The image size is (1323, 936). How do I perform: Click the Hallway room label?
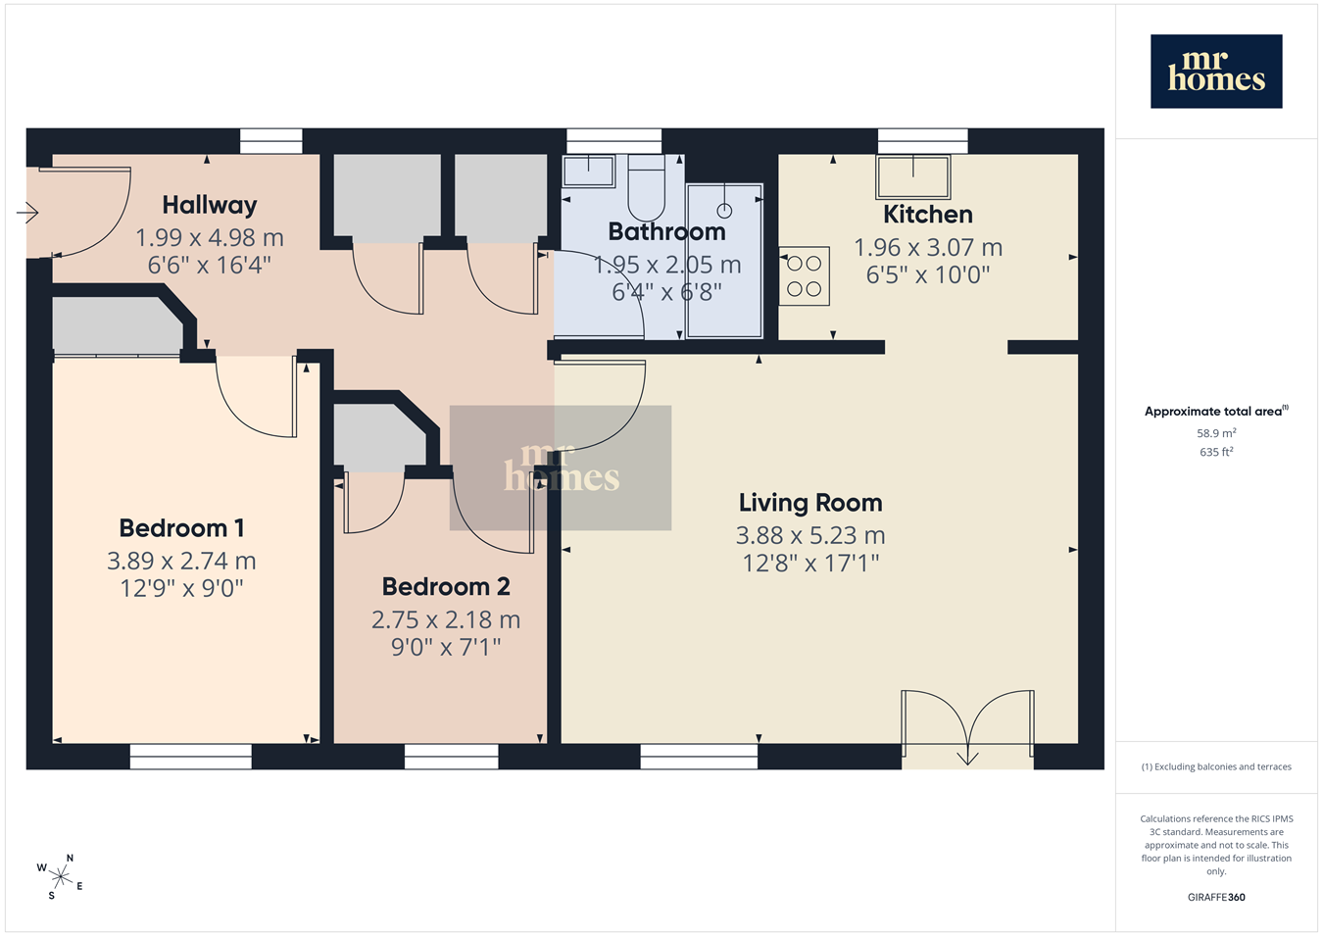point(210,206)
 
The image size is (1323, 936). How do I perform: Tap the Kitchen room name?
point(928,215)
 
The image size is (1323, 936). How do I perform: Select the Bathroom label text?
point(666,231)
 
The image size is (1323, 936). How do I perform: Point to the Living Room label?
point(810,503)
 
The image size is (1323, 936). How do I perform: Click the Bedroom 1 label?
point(181,528)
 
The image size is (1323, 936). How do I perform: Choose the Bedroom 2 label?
point(446,586)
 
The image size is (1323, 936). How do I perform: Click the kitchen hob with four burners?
point(804,275)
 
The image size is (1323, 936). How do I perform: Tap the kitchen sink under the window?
point(913,176)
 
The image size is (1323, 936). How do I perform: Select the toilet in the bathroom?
point(646,188)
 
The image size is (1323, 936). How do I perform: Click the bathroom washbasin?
point(589,172)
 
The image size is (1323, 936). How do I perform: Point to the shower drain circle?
point(724,210)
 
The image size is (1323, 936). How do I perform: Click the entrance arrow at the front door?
point(27,213)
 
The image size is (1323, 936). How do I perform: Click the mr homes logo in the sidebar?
point(1216,72)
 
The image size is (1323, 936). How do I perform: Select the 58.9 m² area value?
point(1216,433)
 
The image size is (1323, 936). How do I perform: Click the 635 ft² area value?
point(1216,452)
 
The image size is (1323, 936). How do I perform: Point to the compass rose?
point(60,877)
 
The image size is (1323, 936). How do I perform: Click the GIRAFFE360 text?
point(1216,897)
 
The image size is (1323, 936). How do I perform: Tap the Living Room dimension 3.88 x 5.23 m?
point(810,535)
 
